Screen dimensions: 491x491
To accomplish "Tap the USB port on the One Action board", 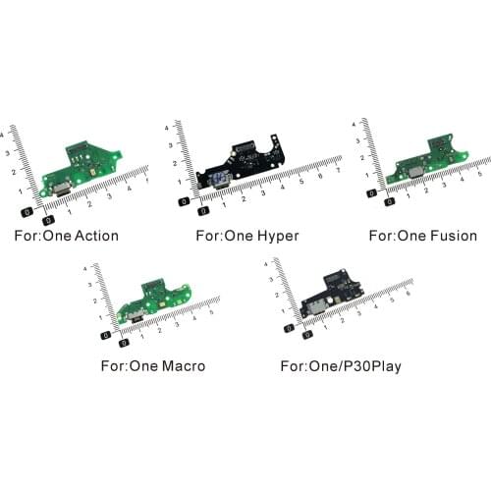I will pos(59,189).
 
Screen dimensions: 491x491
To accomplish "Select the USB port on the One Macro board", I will pos(131,316).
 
